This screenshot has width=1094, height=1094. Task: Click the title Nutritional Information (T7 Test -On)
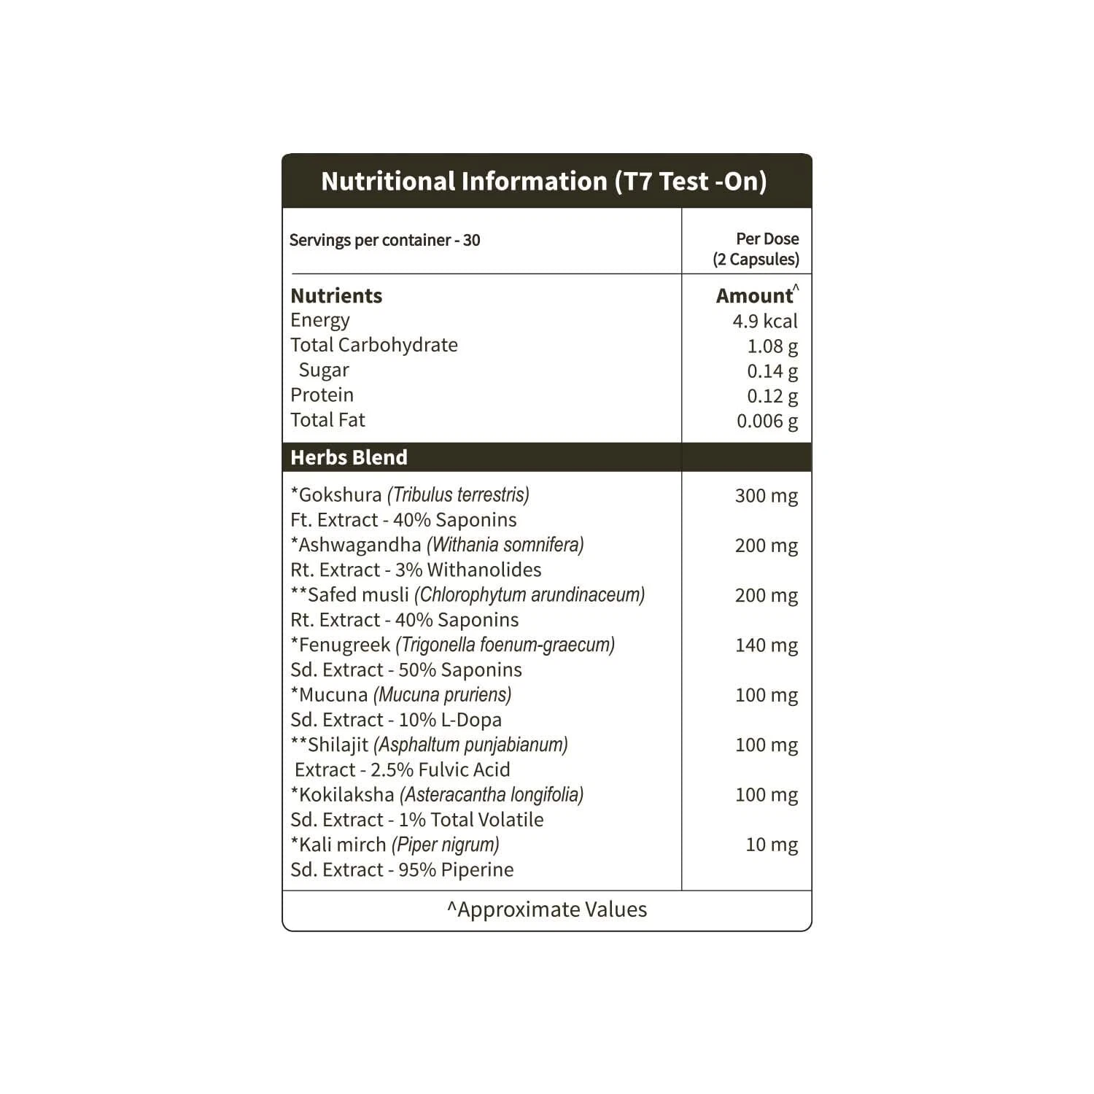(x=544, y=181)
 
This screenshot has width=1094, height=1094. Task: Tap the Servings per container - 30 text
(x=384, y=240)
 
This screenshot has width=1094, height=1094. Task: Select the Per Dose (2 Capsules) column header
(x=756, y=249)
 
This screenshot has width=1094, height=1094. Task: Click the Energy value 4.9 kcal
(x=765, y=321)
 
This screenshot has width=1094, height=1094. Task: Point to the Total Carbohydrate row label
(x=374, y=345)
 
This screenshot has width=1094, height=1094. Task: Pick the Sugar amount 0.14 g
(x=772, y=371)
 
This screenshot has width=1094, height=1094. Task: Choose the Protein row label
(x=322, y=395)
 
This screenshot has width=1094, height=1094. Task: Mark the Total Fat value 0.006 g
(x=767, y=421)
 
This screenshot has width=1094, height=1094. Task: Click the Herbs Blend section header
(x=349, y=457)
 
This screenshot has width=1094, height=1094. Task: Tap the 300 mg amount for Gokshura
(x=767, y=496)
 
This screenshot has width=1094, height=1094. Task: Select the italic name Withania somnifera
(x=505, y=545)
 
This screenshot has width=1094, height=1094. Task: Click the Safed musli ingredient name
(x=357, y=595)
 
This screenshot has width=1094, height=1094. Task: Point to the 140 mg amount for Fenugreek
(x=767, y=645)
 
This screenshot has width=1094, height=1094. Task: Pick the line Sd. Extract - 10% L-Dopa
(x=396, y=720)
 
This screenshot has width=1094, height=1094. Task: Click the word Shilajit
(x=338, y=745)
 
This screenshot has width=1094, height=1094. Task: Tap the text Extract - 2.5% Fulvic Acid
(x=402, y=769)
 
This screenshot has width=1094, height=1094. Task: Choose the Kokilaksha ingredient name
(x=346, y=795)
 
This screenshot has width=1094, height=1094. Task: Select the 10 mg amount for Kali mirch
(x=772, y=845)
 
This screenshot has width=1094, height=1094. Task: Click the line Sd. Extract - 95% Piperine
(x=402, y=869)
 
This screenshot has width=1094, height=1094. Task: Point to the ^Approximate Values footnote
(x=547, y=909)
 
